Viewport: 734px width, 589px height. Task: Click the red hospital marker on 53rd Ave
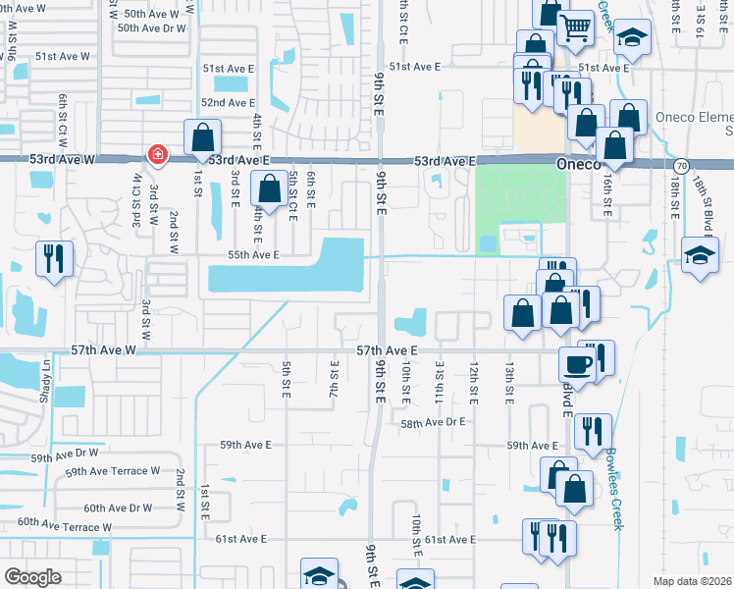point(156,154)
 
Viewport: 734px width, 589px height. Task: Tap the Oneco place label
point(577,165)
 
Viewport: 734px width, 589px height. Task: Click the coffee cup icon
point(576,363)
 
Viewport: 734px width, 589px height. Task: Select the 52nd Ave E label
point(228,103)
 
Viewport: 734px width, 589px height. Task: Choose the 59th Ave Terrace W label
point(112,472)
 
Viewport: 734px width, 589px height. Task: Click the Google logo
point(33,576)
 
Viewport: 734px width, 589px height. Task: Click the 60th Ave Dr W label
point(118,509)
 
